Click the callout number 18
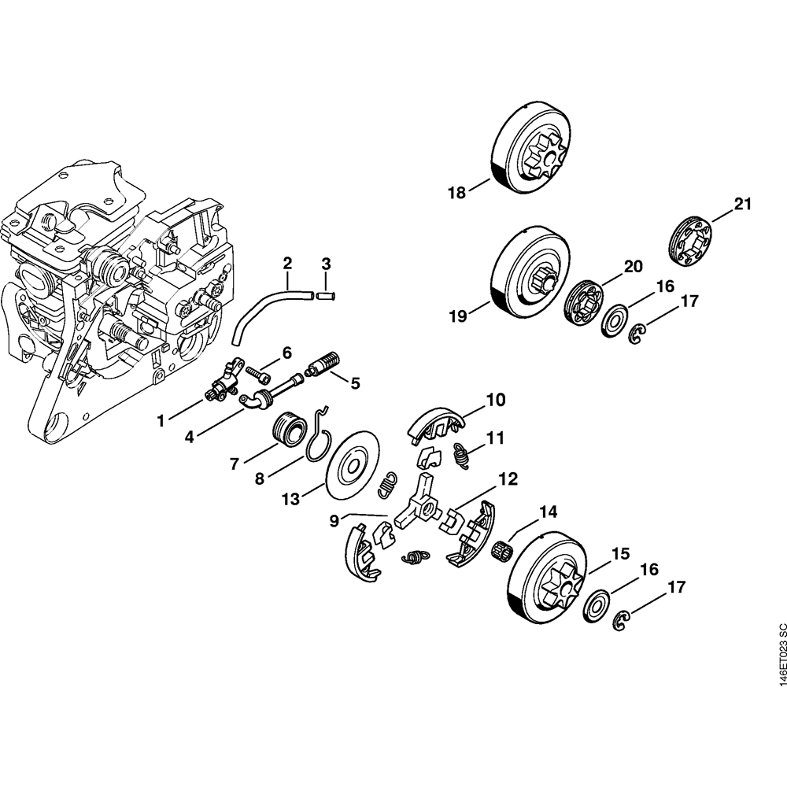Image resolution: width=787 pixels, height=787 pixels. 457,191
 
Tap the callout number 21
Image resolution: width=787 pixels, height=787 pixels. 743,205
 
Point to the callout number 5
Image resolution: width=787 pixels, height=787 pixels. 355,383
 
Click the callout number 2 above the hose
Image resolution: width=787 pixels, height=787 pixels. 287,262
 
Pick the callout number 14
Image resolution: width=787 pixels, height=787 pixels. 548,512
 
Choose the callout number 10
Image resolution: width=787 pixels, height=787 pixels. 495,401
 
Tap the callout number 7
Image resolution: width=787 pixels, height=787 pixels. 234,464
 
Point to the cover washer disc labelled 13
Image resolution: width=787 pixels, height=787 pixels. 353,464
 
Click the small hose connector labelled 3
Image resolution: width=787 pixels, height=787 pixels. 326,296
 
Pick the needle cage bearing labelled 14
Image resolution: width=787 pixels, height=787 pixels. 502,549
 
